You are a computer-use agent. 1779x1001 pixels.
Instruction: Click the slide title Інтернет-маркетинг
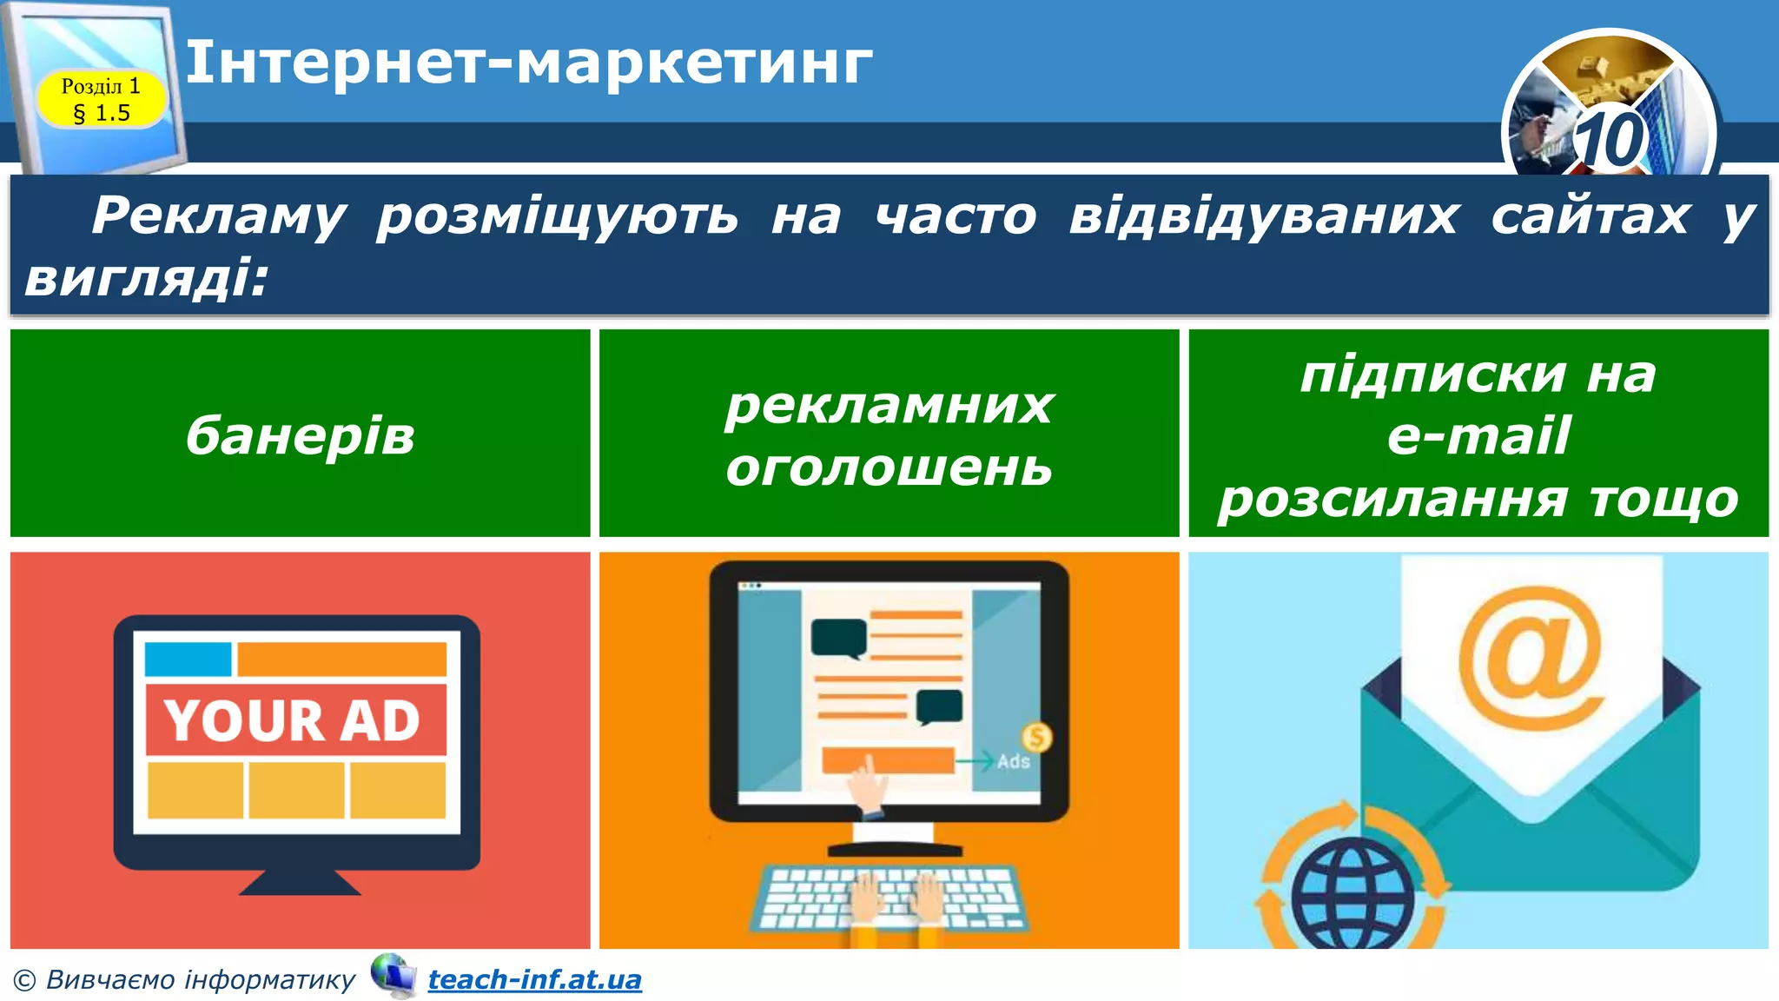pyautogui.click(x=528, y=63)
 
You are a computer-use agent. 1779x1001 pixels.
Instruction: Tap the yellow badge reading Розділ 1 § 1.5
pyautogui.click(x=101, y=99)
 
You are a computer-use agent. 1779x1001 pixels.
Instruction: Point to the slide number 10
pyautogui.click(x=1610, y=139)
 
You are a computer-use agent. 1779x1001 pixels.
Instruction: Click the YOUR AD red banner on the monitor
pyautogui.click(x=295, y=719)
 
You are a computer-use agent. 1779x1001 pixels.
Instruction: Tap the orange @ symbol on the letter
pyautogui.click(x=1531, y=658)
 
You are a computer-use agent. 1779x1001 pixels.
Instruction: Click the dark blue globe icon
pyautogui.click(x=1352, y=895)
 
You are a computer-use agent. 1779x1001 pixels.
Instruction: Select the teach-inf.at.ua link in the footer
pyautogui.click(x=534, y=979)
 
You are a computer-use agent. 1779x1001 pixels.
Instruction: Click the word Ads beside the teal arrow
pyautogui.click(x=1013, y=762)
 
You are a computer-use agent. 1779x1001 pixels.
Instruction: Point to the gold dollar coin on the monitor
pyautogui.click(x=1036, y=738)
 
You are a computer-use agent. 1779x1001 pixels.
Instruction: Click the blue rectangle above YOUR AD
pyautogui.click(x=188, y=659)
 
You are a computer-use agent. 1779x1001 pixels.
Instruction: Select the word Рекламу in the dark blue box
pyautogui.click(x=219, y=215)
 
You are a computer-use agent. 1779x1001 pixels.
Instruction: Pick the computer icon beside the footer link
pyautogui.click(x=393, y=975)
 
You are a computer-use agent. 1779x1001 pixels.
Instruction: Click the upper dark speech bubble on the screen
pyautogui.click(x=838, y=638)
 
